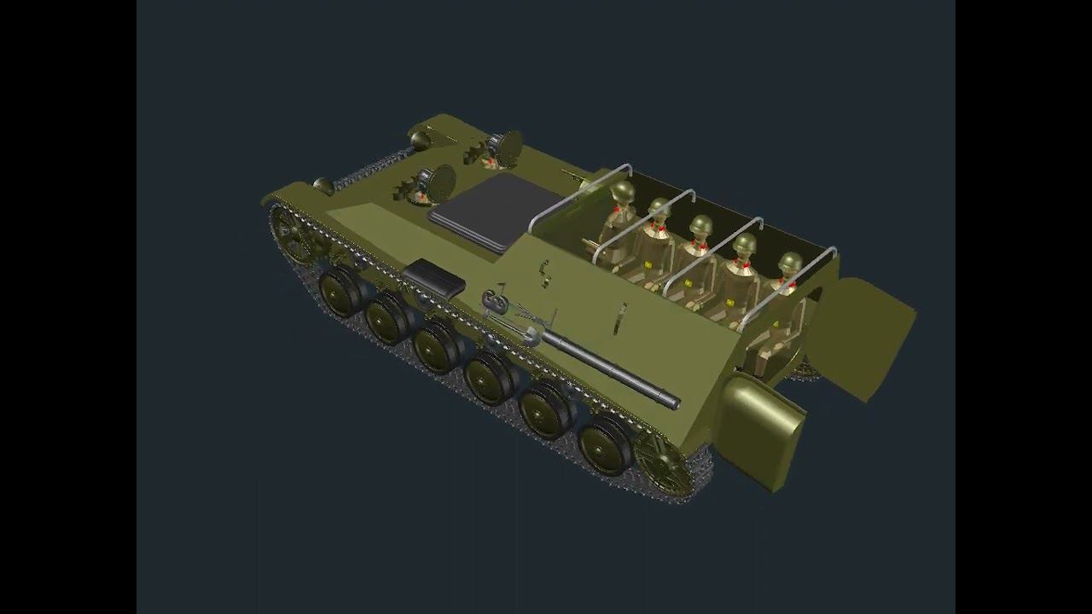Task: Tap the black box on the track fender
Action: [x=433, y=277]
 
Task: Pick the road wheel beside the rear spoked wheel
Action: [x=605, y=444]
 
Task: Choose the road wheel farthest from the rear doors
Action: [x=340, y=291]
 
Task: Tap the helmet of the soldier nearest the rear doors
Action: [x=790, y=263]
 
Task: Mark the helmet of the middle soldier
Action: [x=700, y=225]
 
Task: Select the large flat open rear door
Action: [x=860, y=335]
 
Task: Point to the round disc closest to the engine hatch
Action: [x=441, y=182]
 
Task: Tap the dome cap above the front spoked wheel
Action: [x=323, y=185]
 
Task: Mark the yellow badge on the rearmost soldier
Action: [x=775, y=324]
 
